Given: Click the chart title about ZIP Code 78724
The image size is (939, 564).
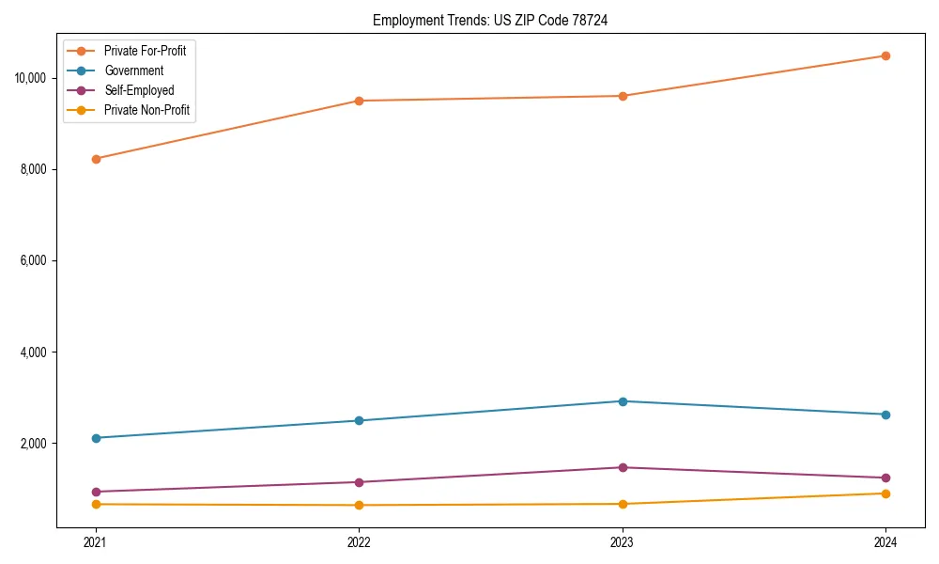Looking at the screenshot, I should (x=490, y=20).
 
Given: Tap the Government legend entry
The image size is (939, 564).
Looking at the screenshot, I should (x=133, y=70).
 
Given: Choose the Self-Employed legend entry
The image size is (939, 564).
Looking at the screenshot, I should (x=139, y=90).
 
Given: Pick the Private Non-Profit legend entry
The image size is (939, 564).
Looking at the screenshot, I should (x=146, y=110).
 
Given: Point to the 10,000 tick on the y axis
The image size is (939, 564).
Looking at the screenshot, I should (x=33, y=78).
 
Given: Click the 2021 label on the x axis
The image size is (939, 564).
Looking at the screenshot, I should (x=95, y=542).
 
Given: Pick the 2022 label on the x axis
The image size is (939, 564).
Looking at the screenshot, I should (x=359, y=542).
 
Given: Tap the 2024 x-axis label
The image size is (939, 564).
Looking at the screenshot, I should (x=885, y=542).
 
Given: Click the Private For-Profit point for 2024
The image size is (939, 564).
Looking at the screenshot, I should (x=885, y=55).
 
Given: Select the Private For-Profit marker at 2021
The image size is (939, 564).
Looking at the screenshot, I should (x=95, y=159).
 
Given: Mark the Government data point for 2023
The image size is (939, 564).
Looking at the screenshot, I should (x=623, y=401).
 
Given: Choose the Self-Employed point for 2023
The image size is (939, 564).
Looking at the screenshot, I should (x=623, y=467).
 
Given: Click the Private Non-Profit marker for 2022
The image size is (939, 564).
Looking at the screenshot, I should (x=359, y=506).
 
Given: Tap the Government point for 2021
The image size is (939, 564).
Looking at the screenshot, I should (x=95, y=438).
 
